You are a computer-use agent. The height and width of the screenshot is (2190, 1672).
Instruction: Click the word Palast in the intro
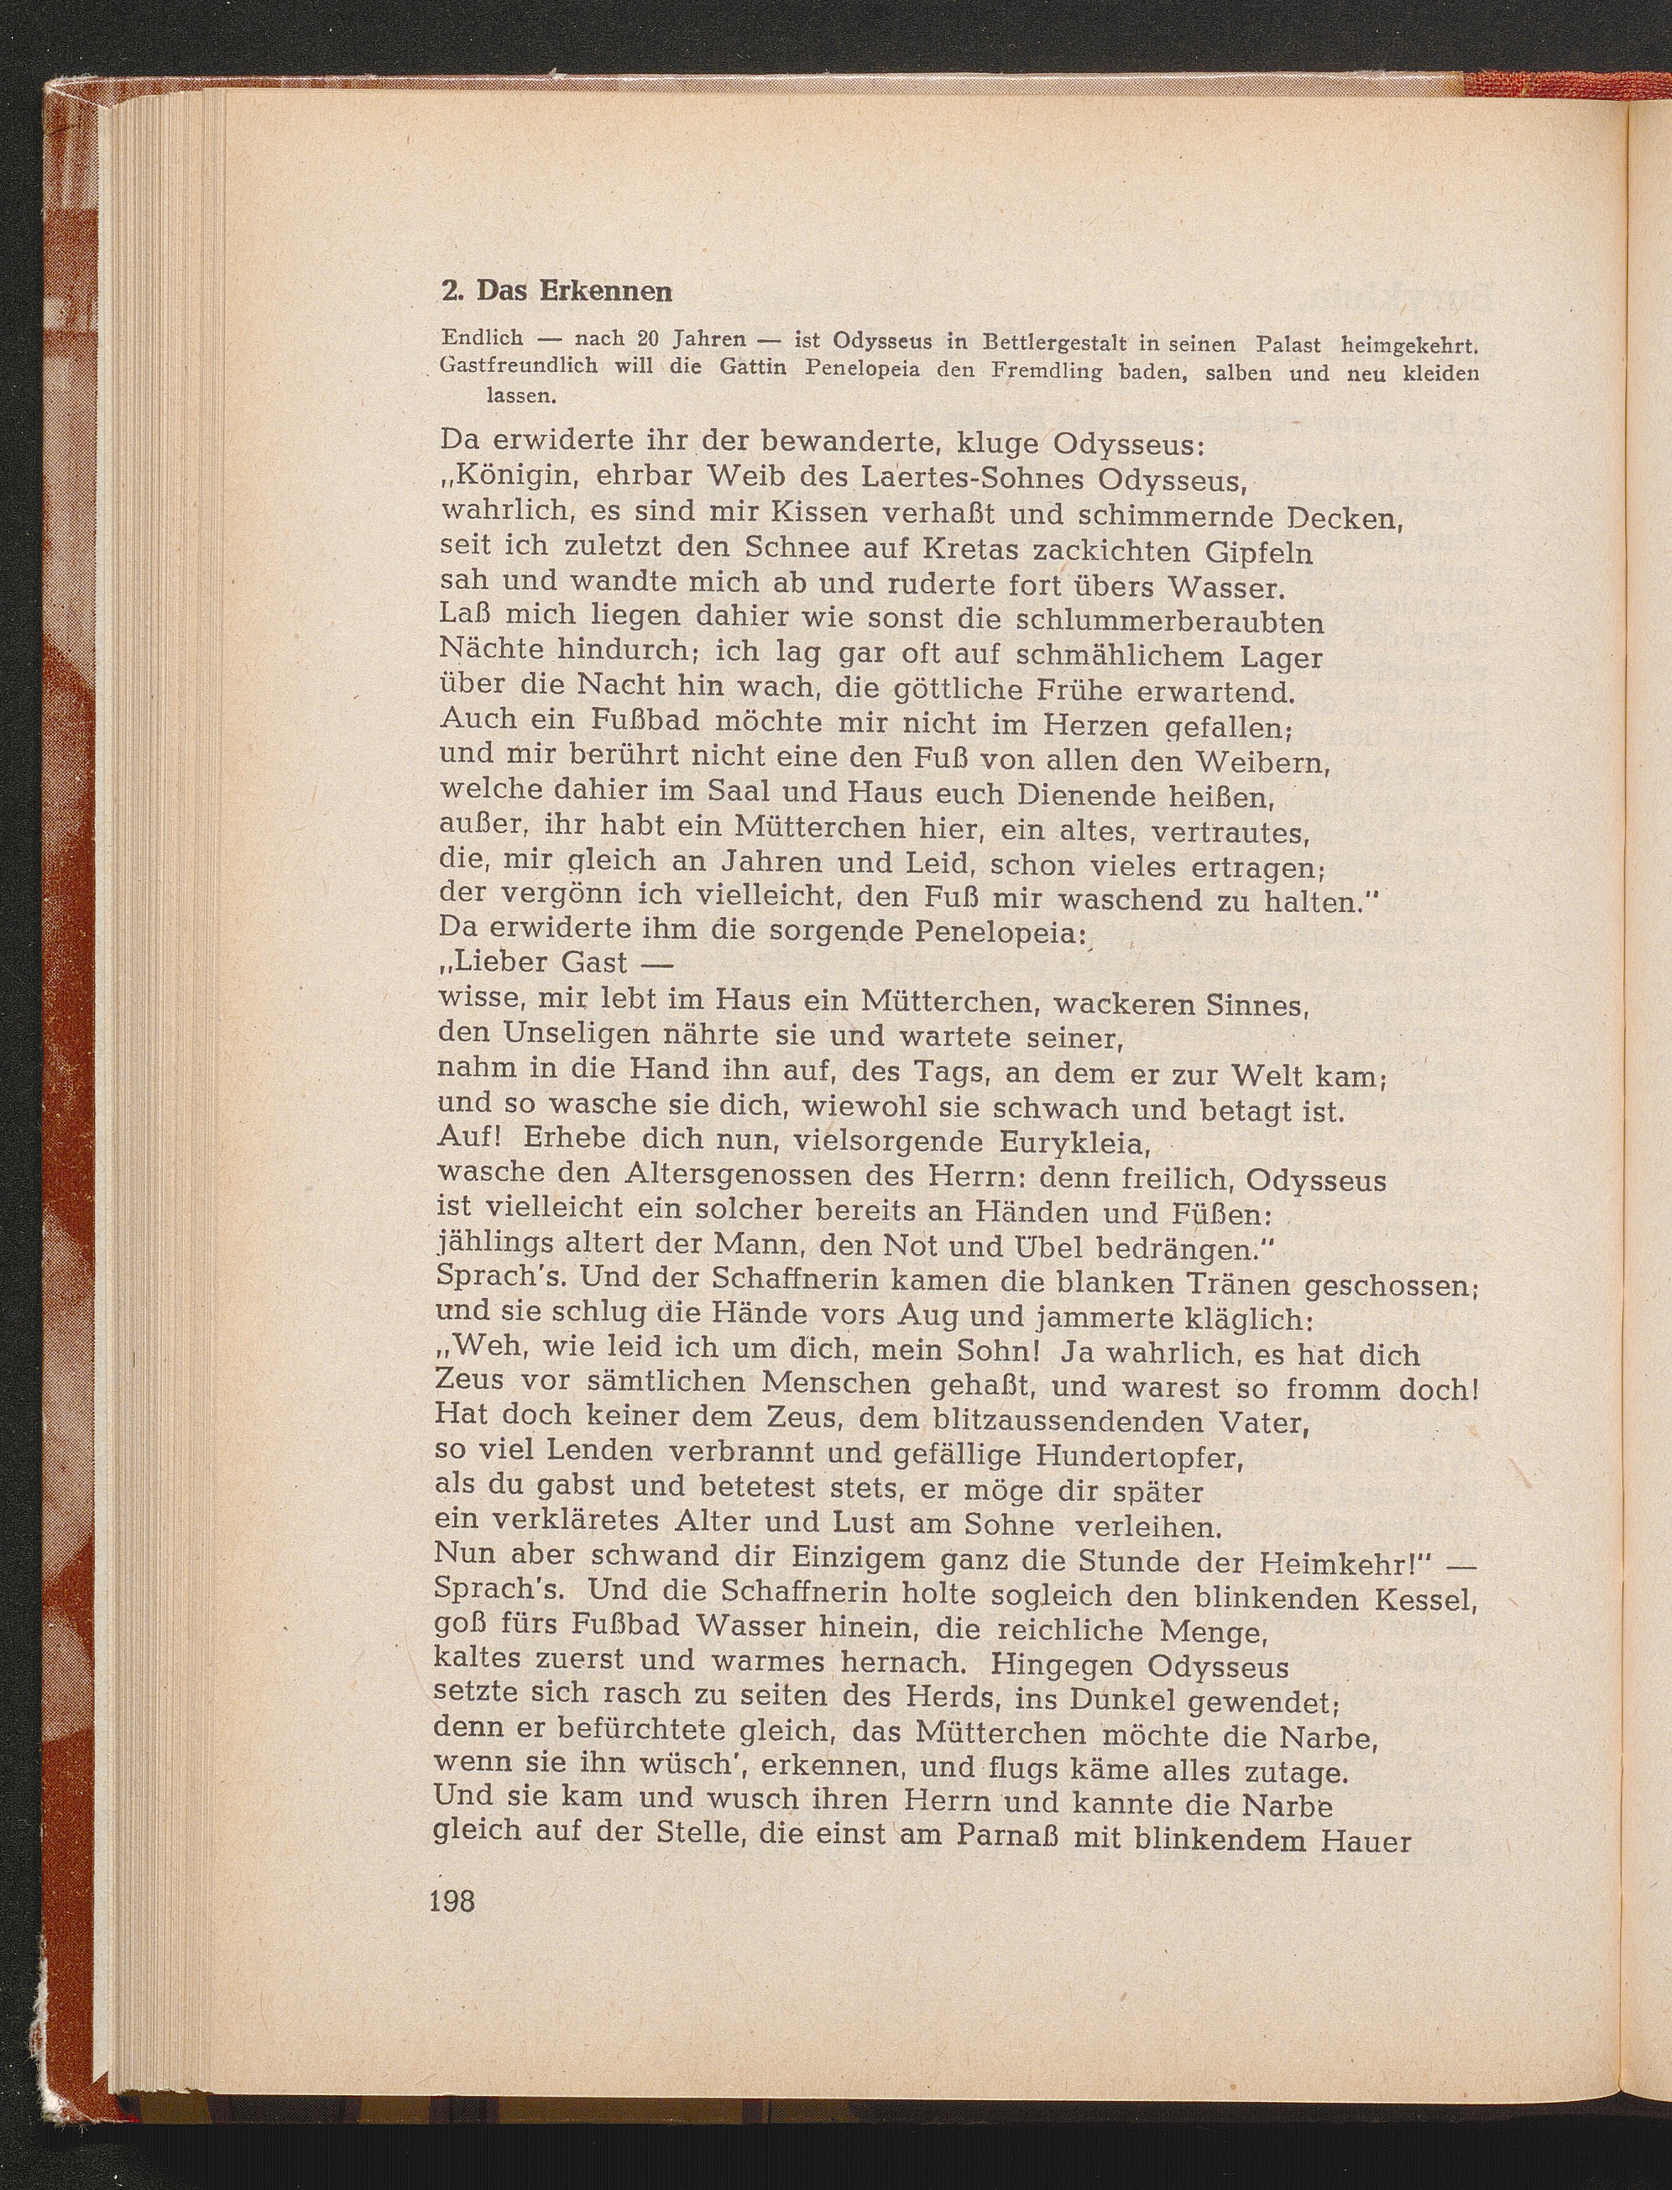pos(1289,344)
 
